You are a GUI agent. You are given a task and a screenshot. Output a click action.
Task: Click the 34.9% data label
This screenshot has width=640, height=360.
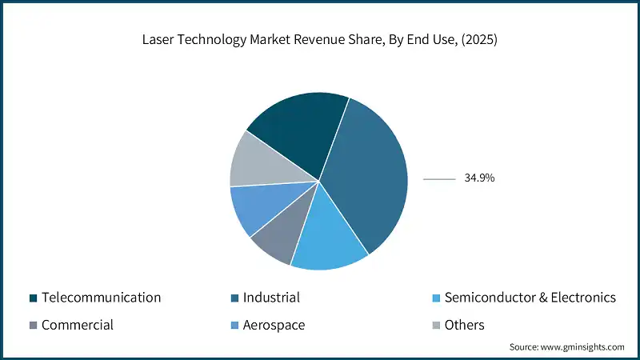point(479,178)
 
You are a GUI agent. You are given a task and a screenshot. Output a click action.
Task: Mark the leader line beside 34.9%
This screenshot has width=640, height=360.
point(438,179)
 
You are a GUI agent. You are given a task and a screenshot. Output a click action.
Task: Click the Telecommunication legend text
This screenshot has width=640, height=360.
point(101,298)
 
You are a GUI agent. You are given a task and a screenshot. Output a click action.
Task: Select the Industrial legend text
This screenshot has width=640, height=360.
point(271,298)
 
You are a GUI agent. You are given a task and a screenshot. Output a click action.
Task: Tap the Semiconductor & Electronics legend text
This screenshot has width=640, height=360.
point(530,298)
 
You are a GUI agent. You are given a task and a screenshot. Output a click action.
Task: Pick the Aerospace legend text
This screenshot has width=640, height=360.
point(274,325)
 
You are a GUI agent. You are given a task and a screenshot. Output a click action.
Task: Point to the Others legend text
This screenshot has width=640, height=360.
point(464,325)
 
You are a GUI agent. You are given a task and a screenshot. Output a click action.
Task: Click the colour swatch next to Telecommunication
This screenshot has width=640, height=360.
point(33,298)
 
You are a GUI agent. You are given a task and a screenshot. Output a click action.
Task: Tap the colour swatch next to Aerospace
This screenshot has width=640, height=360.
point(234,326)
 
